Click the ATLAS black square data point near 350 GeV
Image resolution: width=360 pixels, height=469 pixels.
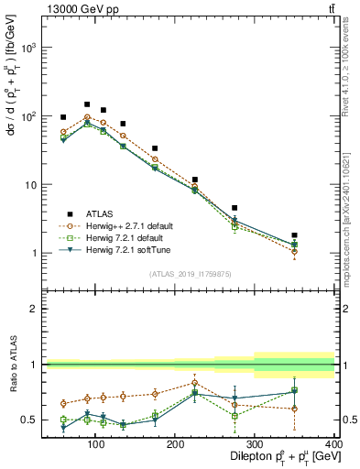point(321,235)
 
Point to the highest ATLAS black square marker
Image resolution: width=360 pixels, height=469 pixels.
point(87,104)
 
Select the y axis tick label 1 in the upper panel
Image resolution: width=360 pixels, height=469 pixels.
point(34,254)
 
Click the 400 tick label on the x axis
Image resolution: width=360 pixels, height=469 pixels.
point(333,444)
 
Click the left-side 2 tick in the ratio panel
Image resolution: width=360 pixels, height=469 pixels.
point(34,310)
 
